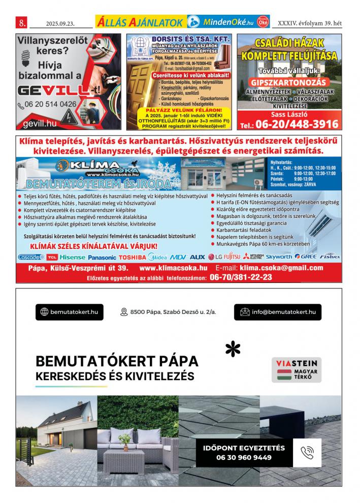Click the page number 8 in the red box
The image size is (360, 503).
point(22,23)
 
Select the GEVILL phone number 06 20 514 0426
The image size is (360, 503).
point(51,104)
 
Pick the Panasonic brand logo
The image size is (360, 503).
point(102,257)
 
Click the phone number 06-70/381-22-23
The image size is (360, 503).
point(240,277)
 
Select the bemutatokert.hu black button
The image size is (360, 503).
point(69,312)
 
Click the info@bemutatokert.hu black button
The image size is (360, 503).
point(278,312)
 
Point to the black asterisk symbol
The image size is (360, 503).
point(233,349)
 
